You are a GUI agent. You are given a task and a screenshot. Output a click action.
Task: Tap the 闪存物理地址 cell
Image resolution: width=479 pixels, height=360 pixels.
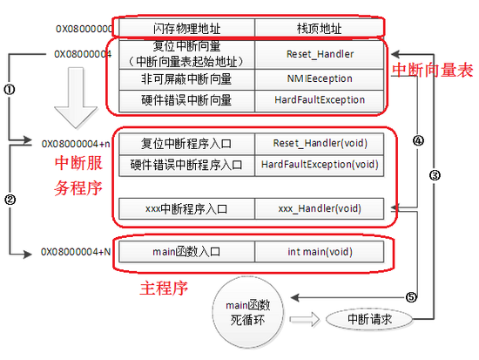tap(186, 28)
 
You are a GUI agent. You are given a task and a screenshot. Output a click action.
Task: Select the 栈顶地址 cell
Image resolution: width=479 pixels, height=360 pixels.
tap(317, 28)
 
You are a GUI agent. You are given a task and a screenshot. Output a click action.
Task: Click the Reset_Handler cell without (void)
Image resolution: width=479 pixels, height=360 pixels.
tap(317, 54)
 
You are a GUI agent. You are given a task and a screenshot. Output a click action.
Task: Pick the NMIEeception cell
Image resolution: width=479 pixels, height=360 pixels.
tap(317, 79)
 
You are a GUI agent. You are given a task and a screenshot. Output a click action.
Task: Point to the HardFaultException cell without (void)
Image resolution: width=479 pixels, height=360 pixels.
tap(317, 100)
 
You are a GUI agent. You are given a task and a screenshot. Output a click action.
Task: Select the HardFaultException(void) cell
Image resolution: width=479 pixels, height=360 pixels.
tap(319, 164)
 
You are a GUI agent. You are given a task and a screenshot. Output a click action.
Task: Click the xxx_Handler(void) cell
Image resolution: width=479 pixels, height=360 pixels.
tap(319, 208)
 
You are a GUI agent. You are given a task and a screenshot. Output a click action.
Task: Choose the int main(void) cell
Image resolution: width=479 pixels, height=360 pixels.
tap(319, 252)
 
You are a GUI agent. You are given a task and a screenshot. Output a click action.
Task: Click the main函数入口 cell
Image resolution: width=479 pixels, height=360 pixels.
tap(186, 252)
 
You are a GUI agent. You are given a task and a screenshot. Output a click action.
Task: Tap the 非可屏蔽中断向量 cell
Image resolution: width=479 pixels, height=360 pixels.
tap(186, 79)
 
